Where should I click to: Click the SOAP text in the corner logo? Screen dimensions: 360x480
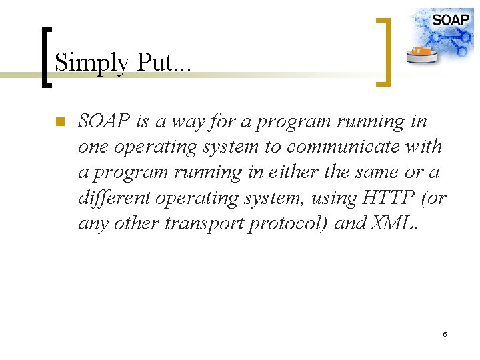click(450, 19)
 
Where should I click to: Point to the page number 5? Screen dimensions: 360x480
click(445, 333)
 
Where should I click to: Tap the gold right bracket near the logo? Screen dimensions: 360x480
click(384, 52)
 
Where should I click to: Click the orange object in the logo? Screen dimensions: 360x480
click(421, 50)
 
